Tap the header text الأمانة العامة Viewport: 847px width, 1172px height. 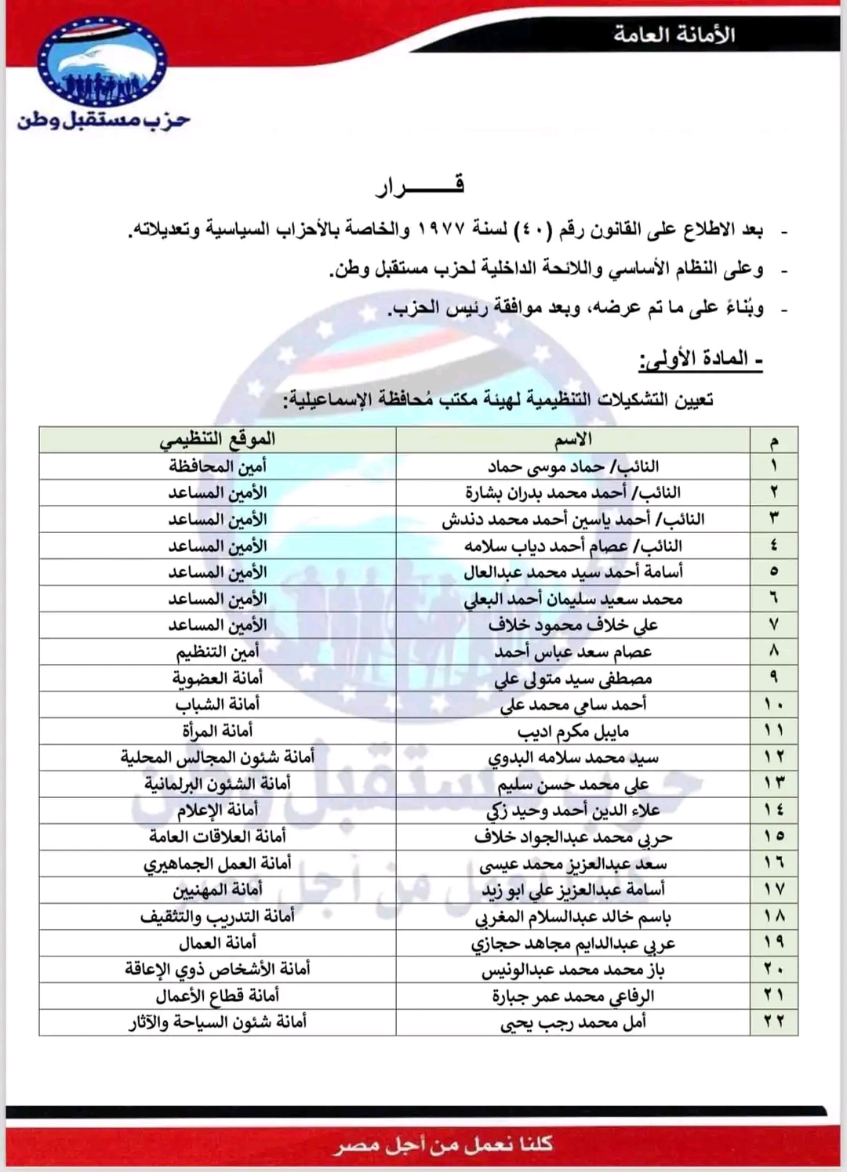[x=674, y=34]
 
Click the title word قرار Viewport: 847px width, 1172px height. [x=420, y=185]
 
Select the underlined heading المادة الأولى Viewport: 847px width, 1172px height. [x=700, y=360]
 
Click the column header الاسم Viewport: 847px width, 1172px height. [x=573, y=440]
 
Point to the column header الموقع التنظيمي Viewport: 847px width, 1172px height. [x=217, y=440]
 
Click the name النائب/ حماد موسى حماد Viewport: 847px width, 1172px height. [x=573, y=466]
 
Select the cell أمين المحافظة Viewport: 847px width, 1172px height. [x=217, y=466]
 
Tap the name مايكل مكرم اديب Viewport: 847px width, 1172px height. [x=573, y=731]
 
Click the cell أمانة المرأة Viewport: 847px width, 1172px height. [x=217, y=731]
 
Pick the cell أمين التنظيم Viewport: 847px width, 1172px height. [x=217, y=651]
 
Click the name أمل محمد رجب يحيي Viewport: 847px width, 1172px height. [x=573, y=1022]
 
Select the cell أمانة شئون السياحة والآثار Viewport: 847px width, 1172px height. [x=217, y=1022]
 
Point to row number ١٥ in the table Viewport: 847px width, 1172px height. [x=774, y=836]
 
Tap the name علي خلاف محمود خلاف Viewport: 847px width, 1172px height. [x=573, y=625]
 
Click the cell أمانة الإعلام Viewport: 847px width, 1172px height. [x=217, y=810]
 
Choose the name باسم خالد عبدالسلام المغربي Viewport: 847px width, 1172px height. [x=573, y=916]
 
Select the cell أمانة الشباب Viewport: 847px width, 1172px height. [x=217, y=704]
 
